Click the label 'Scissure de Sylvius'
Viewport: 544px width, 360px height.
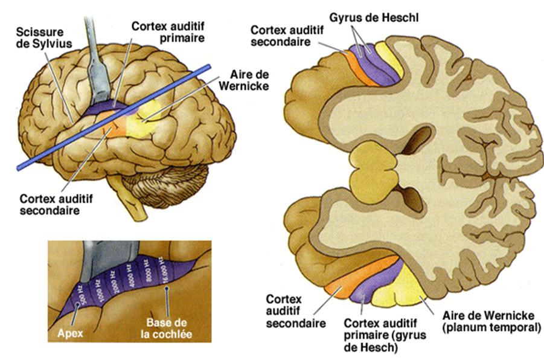click(37, 38)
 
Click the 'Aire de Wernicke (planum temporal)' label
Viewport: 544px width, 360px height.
click(482, 322)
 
